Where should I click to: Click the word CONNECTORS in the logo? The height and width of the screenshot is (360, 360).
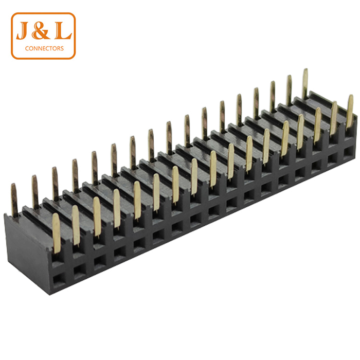[x=44, y=49]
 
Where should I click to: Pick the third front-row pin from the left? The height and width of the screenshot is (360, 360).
[x=97, y=216]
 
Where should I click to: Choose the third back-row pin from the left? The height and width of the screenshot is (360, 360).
[x=55, y=183]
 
